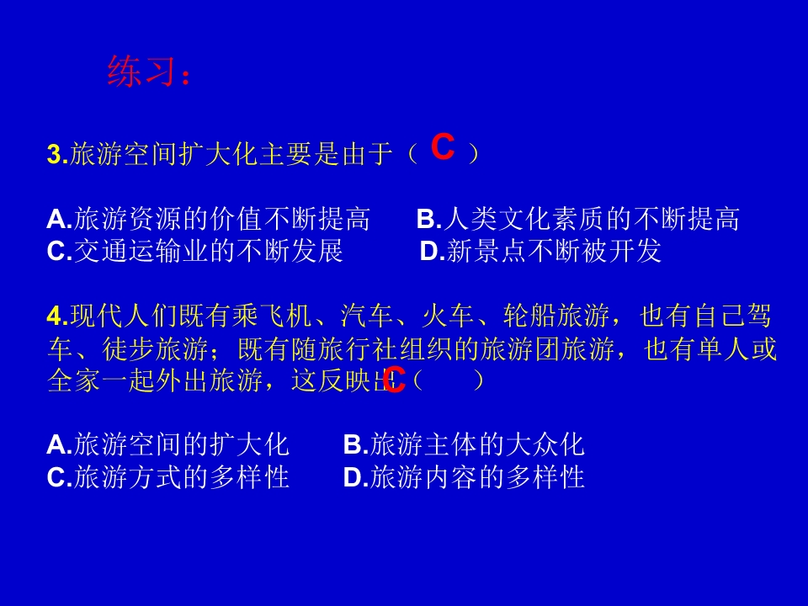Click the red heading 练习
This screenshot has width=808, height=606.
pyautogui.click(x=141, y=72)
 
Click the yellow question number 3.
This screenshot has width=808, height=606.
pyautogui.click(x=56, y=154)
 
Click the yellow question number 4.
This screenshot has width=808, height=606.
pyautogui.click(x=56, y=316)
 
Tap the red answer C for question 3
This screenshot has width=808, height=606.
pyautogui.click(x=443, y=148)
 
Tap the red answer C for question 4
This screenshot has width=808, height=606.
pyautogui.click(x=394, y=380)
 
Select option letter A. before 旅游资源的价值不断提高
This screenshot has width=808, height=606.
pyautogui.click(x=59, y=220)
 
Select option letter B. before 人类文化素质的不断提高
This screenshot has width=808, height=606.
pyautogui.click(x=428, y=220)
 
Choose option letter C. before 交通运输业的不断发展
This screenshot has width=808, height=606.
pyautogui.click(x=59, y=251)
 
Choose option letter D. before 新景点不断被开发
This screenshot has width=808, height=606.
pyautogui.click(x=432, y=251)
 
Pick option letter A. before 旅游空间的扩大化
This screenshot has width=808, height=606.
pyautogui.click(x=59, y=444)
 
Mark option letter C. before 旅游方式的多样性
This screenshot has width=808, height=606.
pyautogui.click(x=59, y=477)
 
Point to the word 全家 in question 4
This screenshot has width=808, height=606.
pyautogui.click(x=75, y=380)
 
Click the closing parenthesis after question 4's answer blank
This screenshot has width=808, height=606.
pyautogui.click(x=478, y=380)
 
